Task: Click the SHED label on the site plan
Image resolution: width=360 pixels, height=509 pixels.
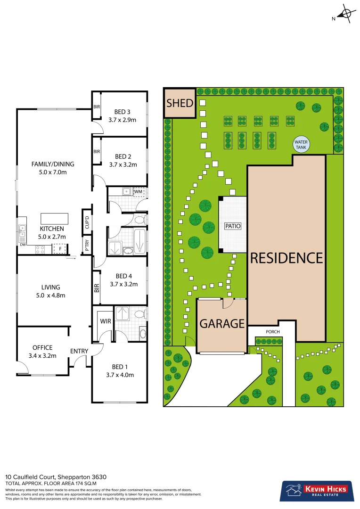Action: pyautogui.click(x=180, y=103)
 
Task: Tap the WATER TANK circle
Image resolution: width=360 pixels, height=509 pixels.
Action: pyautogui.click(x=300, y=144)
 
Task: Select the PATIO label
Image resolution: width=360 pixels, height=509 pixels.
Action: pyautogui.click(x=232, y=226)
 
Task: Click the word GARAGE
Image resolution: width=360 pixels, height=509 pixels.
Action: pyautogui.click(x=222, y=324)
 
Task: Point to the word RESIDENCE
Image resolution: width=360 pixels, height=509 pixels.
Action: pyautogui.click(x=286, y=258)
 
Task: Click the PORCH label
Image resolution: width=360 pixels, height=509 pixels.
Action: pyautogui.click(x=273, y=332)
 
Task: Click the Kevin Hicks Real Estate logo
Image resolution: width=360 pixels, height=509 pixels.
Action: pyautogui.click(x=315, y=491)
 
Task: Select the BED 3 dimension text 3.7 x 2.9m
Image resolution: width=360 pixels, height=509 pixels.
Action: pyautogui.click(x=122, y=120)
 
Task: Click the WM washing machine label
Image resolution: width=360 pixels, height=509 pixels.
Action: pyautogui.click(x=138, y=192)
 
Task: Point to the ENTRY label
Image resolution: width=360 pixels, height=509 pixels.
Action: pyautogui.click(x=79, y=351)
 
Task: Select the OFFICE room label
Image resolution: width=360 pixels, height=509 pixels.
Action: pyautogui.click(x=42, y=348)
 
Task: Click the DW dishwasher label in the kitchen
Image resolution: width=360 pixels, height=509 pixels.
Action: pyautogui.click(x=22, y=245)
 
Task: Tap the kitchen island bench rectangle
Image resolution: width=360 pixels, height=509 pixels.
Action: pyautogui.click(x=54, y=219)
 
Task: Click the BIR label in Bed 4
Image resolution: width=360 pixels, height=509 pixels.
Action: pyautogui.click(x=97, y=287)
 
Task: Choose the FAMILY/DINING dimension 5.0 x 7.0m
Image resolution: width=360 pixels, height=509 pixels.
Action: pyautogui.click(x=53, y=173)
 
